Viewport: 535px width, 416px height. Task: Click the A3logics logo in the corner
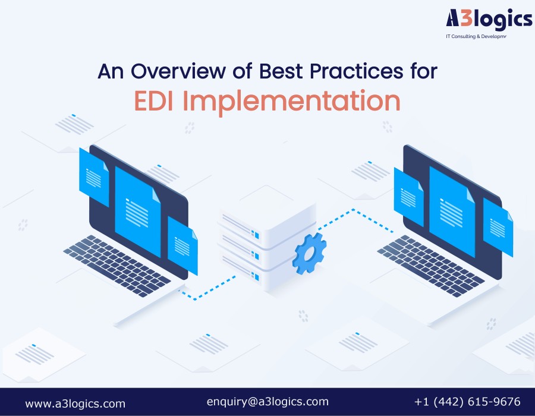[489, 23]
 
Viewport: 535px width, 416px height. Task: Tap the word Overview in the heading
[178, 71]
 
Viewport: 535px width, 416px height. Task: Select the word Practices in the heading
[356, 71]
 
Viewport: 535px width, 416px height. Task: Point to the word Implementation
[292, 102]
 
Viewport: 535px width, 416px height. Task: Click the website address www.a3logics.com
[75, 404]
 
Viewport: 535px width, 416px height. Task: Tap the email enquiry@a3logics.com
[267, 402]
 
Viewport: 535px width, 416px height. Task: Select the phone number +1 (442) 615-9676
[467, 402]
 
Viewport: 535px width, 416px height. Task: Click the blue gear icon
[309, 254]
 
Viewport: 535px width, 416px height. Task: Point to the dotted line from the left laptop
[207, 288]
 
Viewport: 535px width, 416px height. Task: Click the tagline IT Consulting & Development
[476, 36]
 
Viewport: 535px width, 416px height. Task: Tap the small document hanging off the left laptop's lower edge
[182, 245]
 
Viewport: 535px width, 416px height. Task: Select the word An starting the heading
[110, 71]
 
